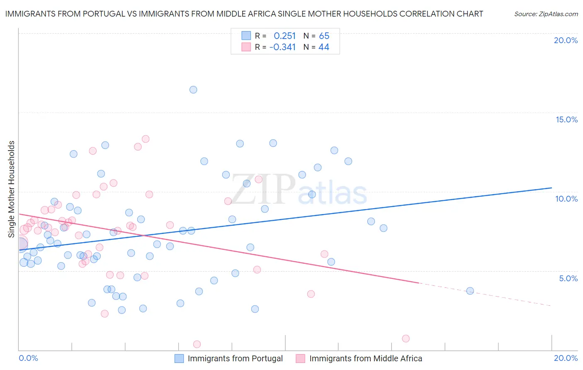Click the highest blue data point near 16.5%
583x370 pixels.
(193, 90)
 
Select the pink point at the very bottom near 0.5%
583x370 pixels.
(197, 344)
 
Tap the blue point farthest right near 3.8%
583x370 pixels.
(470, 291)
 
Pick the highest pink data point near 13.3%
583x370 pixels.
(146, 139)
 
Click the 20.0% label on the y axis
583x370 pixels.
(566, 40)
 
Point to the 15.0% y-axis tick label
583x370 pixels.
(566, 119)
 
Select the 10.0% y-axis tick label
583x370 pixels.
(566, 199)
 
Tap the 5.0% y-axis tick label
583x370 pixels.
(568, 278)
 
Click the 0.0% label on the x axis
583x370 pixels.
(28, 358)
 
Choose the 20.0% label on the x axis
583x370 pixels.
(566, 358)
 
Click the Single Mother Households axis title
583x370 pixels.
(12, 189)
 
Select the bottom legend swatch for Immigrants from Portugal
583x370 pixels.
(179, 358)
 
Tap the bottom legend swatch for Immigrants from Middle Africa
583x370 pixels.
(301, 358)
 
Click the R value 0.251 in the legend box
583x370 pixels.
(284, 36)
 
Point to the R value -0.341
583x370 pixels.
(282, 47)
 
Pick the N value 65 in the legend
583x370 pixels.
(324, 36)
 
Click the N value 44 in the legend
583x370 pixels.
(323, 47)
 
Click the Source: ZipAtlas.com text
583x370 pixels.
(546, 14)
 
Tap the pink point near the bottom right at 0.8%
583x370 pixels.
(406, 338)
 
